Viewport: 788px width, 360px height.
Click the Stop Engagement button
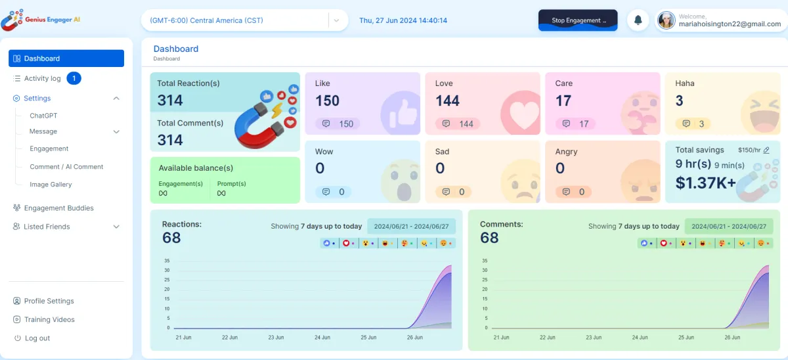578,20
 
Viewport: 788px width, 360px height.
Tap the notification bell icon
638,20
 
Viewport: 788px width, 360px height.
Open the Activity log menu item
43,79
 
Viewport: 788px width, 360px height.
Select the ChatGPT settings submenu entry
43,116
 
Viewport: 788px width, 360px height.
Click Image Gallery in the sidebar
51,185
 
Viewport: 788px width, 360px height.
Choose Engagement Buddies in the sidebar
58,208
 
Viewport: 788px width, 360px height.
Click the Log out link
37,338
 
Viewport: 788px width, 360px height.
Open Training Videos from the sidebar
49,320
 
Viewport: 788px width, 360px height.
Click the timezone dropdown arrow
336,20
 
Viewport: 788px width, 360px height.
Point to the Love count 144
447,101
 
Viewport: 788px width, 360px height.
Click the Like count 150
327,101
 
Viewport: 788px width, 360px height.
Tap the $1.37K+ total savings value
706,183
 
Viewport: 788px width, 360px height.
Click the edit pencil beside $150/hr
766,150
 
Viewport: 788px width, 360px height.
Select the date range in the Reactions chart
411,226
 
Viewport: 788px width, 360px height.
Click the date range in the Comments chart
729,226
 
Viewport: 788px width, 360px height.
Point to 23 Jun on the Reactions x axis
276,338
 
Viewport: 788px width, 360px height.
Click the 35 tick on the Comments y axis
485,261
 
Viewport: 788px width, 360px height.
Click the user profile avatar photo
667,20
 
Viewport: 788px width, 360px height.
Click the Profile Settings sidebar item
49,301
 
